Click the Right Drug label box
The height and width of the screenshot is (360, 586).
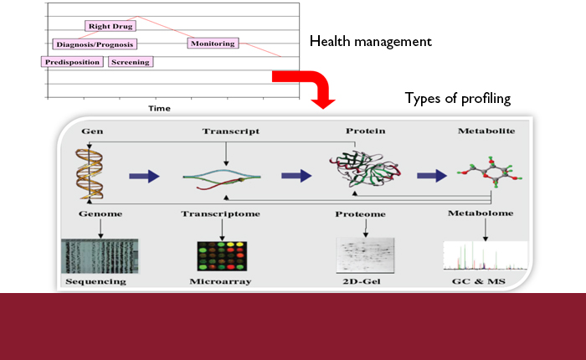coord(111,26)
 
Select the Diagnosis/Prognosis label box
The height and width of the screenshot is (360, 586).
coord(95,44)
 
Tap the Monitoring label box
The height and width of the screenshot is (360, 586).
coord(213,44)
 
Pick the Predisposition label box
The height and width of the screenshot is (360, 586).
coord(72,62)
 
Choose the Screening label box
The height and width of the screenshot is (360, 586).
coord(131,62)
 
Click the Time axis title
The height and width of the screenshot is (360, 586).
coord(159,108)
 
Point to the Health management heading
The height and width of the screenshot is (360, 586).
coord(370,42)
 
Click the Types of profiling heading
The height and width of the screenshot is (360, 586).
coord(458,98)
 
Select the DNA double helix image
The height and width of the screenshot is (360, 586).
coord(90,173)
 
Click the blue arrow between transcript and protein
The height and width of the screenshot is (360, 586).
coord(296,176)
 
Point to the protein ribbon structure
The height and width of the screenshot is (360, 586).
coord(365,168)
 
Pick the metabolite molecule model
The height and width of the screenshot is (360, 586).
coord(490,172)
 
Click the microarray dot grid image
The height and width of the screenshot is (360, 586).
coord(222,256)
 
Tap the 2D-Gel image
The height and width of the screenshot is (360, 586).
coord(365,255)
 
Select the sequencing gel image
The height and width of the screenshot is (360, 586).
coord(100,256)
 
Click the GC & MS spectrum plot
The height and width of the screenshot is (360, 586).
coord(485,256)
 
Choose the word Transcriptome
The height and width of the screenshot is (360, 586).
coord(220,213)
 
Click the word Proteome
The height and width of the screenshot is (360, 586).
coord(360,214)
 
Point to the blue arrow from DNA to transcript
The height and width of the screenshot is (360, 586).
coord(144,176)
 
